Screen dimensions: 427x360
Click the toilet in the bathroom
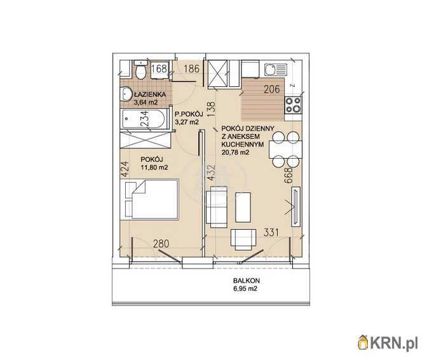coord(141,70)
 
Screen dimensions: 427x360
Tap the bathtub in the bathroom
coord(144,119)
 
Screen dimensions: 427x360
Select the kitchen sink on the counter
coord(276,70)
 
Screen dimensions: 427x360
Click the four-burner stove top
coord(293,105)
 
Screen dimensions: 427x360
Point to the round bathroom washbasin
coord(126,94)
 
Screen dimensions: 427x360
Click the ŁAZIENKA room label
coord(149,95)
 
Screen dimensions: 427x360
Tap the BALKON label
coord(246,280)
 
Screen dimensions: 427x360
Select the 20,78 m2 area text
coord(236,152)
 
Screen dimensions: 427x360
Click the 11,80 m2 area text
coord(154,168)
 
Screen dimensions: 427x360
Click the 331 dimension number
coord(271,232)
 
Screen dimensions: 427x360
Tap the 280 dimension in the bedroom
coord(161,244)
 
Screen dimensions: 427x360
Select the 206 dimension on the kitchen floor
coord(272,89)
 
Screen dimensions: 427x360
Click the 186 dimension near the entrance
coord(191,69)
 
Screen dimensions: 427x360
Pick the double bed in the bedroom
coord(152,199)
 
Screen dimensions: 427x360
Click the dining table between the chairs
coord(285,149)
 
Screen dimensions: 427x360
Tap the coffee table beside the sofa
coord(243,208)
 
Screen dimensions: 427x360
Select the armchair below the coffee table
coord(243,239)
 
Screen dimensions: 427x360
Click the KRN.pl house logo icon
coord(363,342)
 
